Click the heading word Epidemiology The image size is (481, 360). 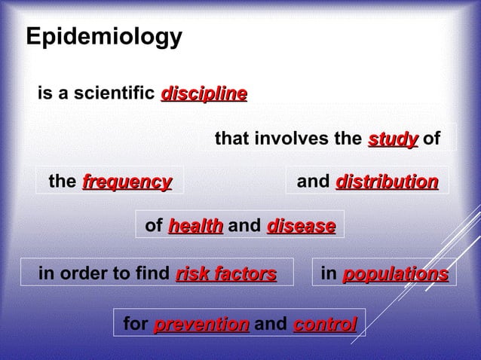(x=104, y=37)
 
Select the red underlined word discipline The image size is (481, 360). (x=204, y=94)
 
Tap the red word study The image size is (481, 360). (x=393, y=139)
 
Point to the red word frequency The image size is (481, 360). (x=127, y=182)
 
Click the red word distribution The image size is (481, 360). (x=387, y=182)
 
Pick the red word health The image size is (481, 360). (x=195, y=226)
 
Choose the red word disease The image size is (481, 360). (x=301, y=226)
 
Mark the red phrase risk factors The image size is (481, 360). (x=225, y=273)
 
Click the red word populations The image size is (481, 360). (x=395, y=273)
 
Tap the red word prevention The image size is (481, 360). (x=201, y=325)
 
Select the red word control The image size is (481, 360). (x=324, y=325)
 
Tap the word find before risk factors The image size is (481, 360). (x=155, y=273)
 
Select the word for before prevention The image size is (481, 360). (x=135, y=325)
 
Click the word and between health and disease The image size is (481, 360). (x=244, y=226)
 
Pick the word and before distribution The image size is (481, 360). (x=314, y=182)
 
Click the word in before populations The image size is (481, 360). (x=329, y=273)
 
